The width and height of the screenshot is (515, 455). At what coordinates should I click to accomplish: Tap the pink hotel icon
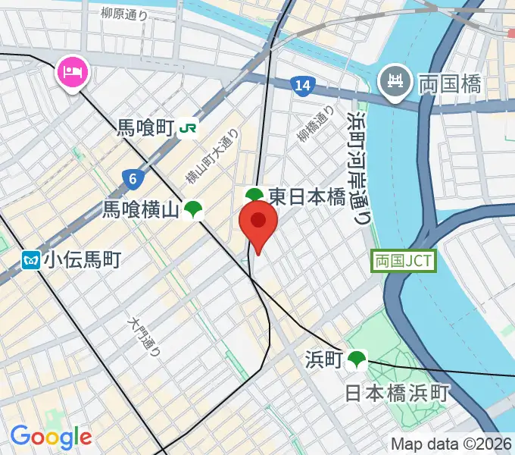73,74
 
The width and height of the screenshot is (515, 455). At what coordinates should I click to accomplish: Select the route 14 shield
302,86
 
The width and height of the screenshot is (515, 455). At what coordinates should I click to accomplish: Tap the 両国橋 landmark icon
395,81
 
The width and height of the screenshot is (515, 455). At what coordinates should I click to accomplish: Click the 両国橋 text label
450,83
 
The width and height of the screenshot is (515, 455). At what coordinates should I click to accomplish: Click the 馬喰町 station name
145,128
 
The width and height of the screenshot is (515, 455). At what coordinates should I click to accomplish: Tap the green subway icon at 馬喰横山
194,210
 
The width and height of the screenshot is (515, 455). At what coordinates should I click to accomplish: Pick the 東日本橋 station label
306,197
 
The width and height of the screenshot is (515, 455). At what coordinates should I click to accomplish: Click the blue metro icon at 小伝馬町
31,261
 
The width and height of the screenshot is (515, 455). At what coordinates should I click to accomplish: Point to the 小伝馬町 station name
82,261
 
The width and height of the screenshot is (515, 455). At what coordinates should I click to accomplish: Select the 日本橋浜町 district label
397,393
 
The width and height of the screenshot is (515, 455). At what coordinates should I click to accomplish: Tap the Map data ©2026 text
450,443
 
